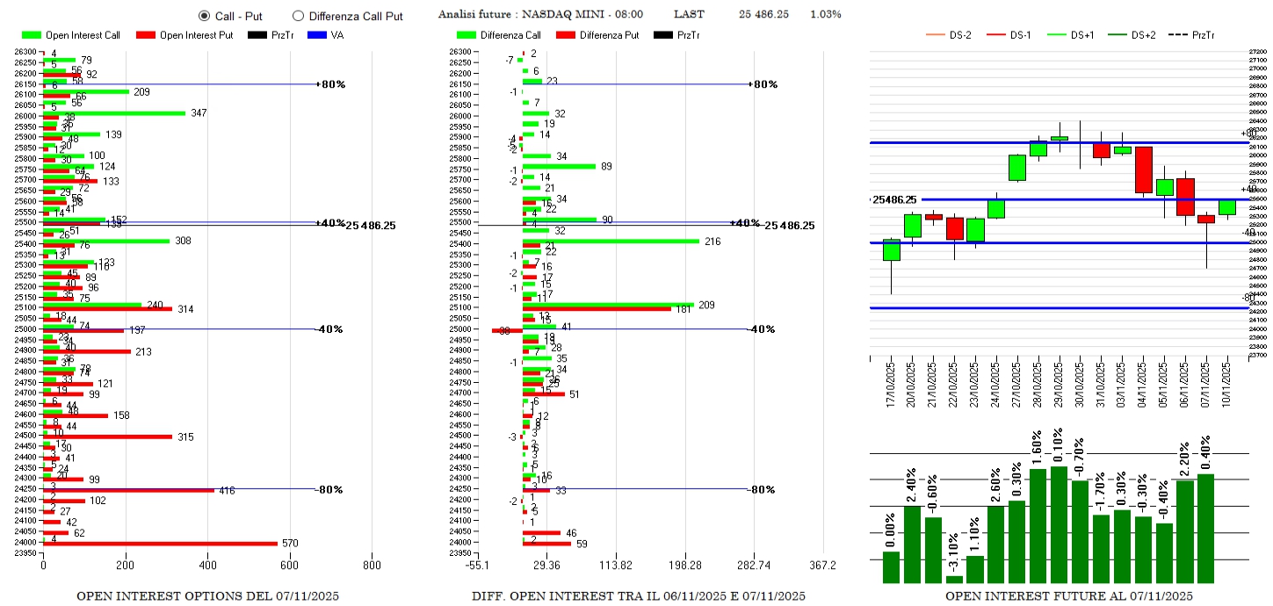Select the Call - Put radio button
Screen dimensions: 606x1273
point(205,16)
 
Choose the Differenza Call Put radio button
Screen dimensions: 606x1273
point(298,16)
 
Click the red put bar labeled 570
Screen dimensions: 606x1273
point(160,544)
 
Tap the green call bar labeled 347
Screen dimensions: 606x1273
point(114,113)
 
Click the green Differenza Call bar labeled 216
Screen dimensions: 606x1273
point(611,241)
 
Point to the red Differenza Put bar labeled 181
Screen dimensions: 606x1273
point(597,308)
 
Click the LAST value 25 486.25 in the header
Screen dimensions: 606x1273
point(763,15)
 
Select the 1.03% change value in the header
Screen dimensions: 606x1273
point(825,15)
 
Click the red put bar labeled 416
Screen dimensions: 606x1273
point(129,490)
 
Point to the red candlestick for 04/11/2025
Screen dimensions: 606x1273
point(1143,170)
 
